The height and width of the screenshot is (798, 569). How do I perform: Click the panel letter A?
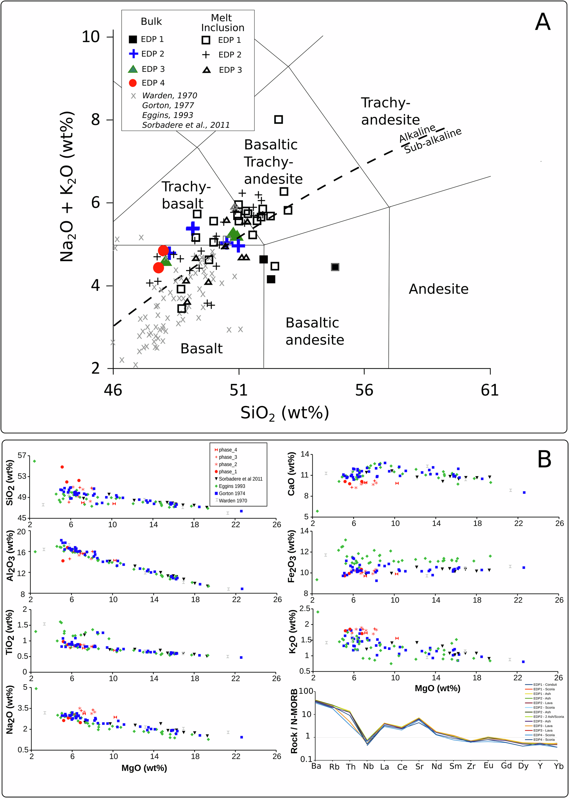tap(543, 22)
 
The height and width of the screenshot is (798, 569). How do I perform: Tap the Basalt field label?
tap(201, 349)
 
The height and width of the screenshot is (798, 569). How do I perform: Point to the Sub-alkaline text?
tap(433, 141)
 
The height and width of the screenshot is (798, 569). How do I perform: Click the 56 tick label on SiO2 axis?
tap(364, 390)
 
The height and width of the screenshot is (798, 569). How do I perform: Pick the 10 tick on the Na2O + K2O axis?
tap(91, 37)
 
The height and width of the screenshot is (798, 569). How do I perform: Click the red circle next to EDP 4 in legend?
tap(133, 83)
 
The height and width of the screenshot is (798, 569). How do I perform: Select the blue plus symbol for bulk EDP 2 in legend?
tap(133, 54)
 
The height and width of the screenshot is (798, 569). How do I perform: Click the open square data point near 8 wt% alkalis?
tap(279, 119)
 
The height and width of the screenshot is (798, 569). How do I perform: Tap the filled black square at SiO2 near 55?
tap(335, 267)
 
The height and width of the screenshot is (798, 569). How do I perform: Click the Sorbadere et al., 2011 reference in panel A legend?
tap(186, 125)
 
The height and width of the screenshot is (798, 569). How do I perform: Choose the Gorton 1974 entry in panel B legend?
tap(232, 493)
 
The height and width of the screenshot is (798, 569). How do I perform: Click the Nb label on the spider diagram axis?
tap(368, 766)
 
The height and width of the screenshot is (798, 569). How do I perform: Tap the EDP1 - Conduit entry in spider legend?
tap(545, 684)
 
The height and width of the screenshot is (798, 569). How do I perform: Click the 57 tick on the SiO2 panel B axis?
tap(22, 455)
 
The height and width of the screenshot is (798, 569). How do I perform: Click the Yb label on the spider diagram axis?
tap(558, 766)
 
